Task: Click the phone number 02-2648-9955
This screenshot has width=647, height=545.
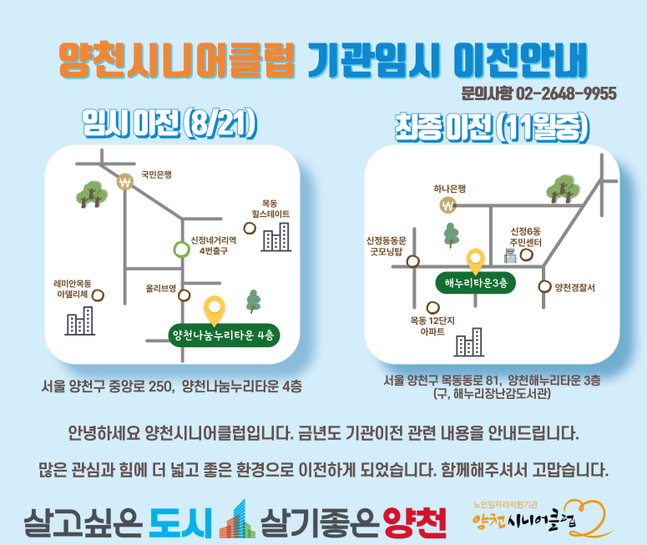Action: [566, 93]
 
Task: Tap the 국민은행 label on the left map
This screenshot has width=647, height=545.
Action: [156, 174]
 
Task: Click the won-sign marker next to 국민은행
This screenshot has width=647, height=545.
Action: [124, 182]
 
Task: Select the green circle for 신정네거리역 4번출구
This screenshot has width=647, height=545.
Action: [181, 250]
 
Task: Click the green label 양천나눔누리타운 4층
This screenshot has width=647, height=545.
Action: [224, 335]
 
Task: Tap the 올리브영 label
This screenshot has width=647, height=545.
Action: [161, 289]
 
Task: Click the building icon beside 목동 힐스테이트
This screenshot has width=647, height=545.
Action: [276, 237]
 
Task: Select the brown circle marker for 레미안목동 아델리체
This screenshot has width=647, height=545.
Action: [98, 295]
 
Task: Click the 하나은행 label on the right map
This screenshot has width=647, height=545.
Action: [449, 189]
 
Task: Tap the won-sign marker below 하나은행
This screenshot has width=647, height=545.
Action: [448, 205]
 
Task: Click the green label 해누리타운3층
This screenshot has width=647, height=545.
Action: [476, 283]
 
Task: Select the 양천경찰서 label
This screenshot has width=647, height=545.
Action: [575, 288]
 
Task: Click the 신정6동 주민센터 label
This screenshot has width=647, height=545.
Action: [525, 237]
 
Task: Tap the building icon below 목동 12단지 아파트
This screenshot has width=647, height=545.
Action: [469, 342]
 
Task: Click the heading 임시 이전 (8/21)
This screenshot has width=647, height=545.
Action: [169, 124]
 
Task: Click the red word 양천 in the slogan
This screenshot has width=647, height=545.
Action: [415, 522]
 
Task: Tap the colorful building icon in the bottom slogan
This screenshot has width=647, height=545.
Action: [237, 519]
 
